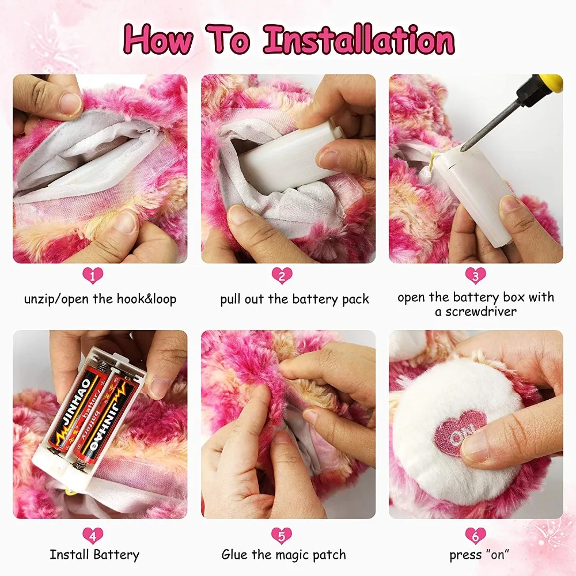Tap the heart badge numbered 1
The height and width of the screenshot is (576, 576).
pyautogui.click(x=93, y=276)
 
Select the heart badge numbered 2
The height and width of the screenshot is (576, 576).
pyautogui.click(x=282, y=276)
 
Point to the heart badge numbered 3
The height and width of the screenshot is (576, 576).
pyautogui.click(x=476, y=276)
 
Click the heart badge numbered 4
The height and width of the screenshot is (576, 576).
pyautogui.click(x=93, y=536)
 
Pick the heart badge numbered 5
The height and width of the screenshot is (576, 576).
pyautogui.click(x=282, y=536)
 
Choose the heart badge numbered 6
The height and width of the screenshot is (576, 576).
pyautogui.click(x=476, y=536)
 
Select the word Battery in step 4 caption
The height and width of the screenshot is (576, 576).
pyautogui.click(x=116, y=555)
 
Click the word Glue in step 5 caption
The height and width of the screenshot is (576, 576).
pyautogui.click(x=235, y=555)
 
